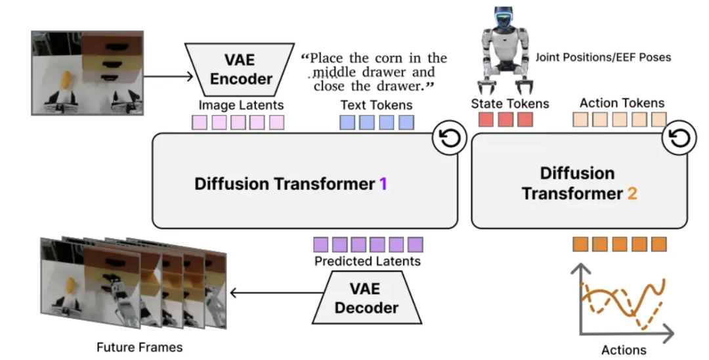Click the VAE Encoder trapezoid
239,69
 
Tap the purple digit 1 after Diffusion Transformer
383,184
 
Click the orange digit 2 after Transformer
632,194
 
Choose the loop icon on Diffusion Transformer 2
681,139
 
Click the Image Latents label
241,105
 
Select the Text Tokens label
376,105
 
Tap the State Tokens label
510,104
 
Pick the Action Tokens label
622,103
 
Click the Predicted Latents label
367,261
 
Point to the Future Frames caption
139,347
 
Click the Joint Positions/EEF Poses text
603,57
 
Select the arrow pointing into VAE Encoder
169,76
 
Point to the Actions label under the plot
623,349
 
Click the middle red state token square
505,120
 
